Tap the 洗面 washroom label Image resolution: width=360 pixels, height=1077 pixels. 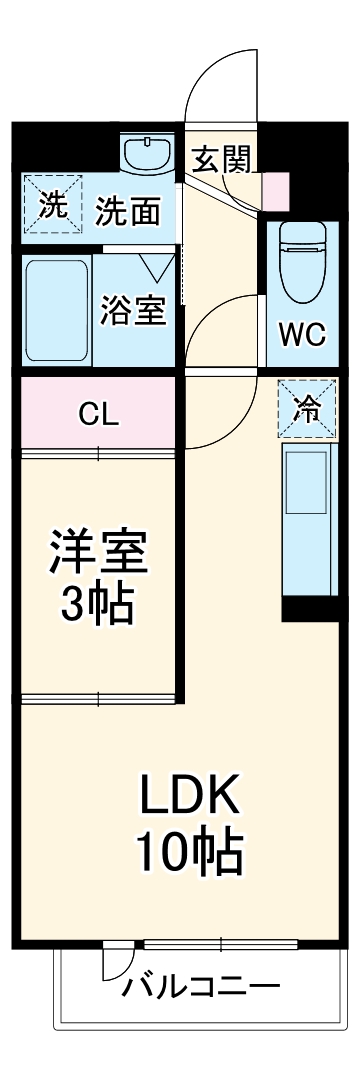click(128, 211)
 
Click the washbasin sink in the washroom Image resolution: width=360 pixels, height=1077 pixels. click(147, 153)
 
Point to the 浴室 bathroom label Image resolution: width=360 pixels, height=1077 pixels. click(133, 310)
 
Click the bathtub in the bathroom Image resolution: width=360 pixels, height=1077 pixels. click(55, 310)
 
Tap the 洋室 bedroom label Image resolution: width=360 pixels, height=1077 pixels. click(100, 552)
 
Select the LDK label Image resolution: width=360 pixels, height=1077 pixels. click(188, 797)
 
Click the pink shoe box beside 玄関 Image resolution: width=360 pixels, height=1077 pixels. click(273, 188)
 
